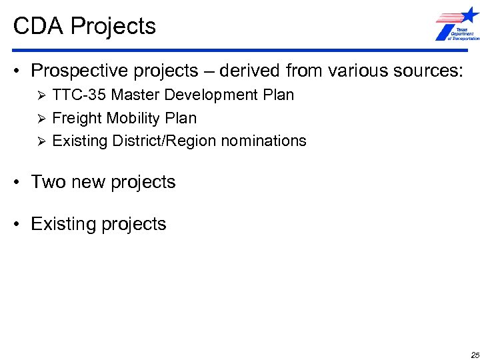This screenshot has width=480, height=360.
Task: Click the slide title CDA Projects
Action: pos(85,26)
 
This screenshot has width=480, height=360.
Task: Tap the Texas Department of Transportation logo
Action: pos(457,25)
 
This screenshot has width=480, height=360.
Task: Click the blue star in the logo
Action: pos(469,15)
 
